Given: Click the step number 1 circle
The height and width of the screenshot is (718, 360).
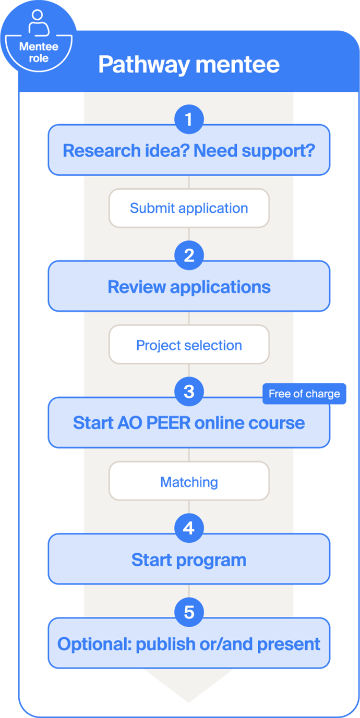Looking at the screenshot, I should coord(189,120).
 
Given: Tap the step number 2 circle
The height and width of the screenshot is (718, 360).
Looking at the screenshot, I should coord(189,256).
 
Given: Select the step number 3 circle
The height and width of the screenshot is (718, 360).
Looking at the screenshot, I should coord(189,392).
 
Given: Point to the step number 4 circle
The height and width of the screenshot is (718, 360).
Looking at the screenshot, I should coord(189,529).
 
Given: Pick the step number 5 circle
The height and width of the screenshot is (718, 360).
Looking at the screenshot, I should coord(189,612).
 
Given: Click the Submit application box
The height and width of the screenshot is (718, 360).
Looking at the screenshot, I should coord(189,208).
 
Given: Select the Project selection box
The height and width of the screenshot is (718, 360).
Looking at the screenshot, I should coord(189,345).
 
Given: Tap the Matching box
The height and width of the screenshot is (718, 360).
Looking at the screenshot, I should coord(189,482).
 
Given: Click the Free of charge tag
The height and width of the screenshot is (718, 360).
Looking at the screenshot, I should coord(304,394).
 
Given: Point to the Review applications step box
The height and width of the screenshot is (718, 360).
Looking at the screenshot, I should coord(189,287).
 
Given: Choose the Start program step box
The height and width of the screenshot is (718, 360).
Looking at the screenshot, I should coord(189,561).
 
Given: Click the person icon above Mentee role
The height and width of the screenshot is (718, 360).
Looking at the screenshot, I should coord(38,22).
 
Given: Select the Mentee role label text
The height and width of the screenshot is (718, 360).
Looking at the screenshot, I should coord(39,52).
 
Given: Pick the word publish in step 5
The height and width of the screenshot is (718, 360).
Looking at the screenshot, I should coord(162,644).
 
